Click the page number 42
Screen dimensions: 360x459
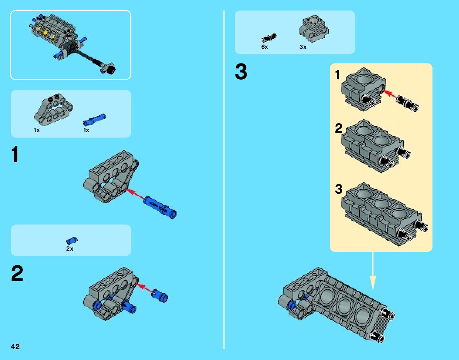(x=15, y=347)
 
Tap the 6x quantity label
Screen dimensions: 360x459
(x=264, y=47)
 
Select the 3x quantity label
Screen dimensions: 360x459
(x=303, y=47)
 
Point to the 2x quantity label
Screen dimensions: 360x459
(x=70, y=249)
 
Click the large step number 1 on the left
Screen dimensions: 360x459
(x=15, y=155)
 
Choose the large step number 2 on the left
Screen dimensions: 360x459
(x=17, y=274)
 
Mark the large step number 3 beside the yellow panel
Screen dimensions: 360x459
(x=241, y=72)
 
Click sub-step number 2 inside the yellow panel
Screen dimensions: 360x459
(x=338, y=128)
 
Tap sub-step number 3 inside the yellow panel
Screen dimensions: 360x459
(x=338, y=189)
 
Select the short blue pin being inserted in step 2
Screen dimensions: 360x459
(x=160, y=295)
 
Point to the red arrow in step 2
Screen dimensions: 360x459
(x=145, y=288)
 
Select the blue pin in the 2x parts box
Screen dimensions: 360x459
(x=72, y=241)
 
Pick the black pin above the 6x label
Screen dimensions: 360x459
(x=269, y=37)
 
